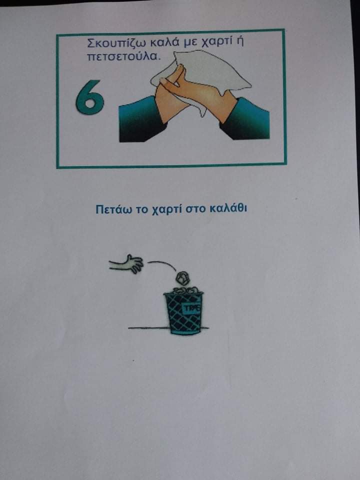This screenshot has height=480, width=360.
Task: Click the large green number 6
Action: point(89,97)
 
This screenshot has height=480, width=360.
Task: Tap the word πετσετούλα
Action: point(123,56)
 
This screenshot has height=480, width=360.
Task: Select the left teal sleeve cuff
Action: point(140,119)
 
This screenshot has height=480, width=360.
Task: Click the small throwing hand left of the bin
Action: point(126,263)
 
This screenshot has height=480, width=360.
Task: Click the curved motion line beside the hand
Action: point(164,263)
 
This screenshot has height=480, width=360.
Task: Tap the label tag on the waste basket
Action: point(192,308)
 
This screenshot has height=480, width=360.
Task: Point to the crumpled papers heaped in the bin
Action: point(184,290)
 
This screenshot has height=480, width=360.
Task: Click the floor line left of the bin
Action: point(148,328)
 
